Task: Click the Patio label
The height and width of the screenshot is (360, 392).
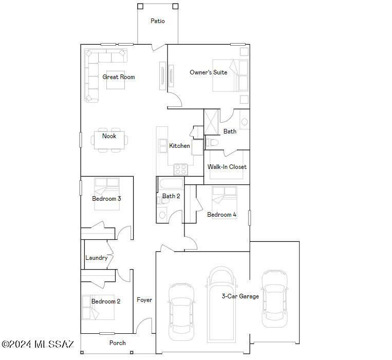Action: click(x=158, y=21)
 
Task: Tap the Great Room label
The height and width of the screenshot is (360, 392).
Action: click(x=118, y=77)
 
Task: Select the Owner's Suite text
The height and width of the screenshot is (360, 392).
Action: click(x=208, y=72)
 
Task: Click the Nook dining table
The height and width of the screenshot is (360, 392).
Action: click(x=109, y=140)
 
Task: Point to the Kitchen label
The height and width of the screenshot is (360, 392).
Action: click(x=179, y=146)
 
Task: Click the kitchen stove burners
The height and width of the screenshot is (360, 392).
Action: click(x=180, y=168)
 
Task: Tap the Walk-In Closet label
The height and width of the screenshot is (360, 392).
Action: click(x=227, y=167)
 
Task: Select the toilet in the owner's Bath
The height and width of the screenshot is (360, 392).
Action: click(x=212, y=142)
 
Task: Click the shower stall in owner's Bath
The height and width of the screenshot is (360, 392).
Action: click(x=212, y=122)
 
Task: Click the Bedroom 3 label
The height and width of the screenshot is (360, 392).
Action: click(x=106, y=199)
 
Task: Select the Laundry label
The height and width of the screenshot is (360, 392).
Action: click(x=96, y=258)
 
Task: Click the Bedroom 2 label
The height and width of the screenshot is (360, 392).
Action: click(x=106, y=301)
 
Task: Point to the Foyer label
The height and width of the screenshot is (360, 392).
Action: click(x=144, y=300)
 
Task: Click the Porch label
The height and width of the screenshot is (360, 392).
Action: click(x=118, y=343)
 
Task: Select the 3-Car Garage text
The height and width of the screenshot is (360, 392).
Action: click(x=240, y=296)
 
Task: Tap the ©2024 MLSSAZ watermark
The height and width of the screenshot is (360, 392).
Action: click(x=39, y=344)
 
